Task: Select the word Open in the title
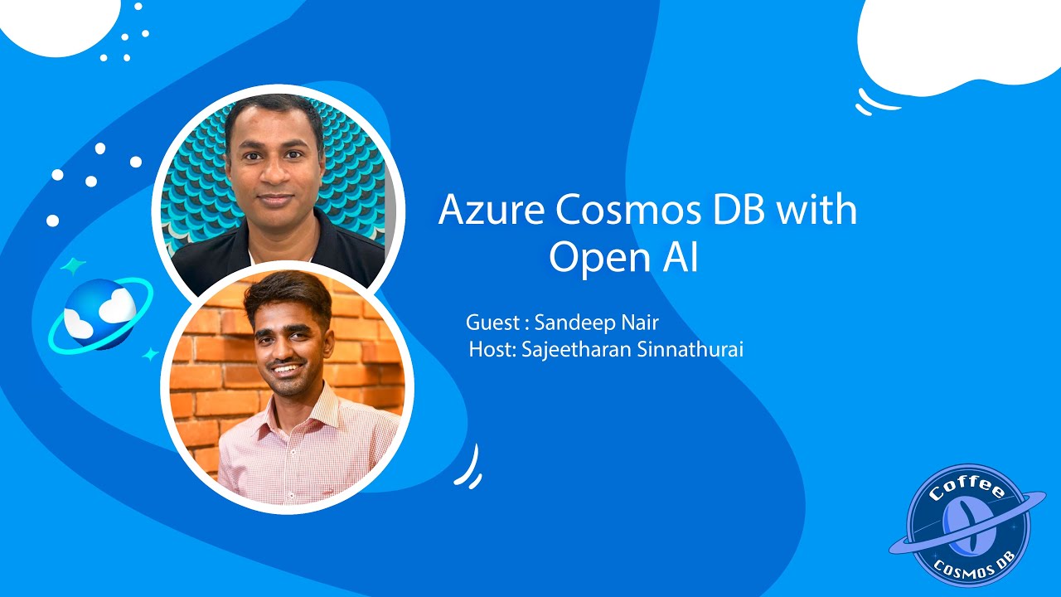tap(589, 259)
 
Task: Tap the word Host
tap(492, 350)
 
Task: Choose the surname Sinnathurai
tap(693, 350)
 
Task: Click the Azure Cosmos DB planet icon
tap(99, 312)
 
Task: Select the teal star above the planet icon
tap(73, 266)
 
